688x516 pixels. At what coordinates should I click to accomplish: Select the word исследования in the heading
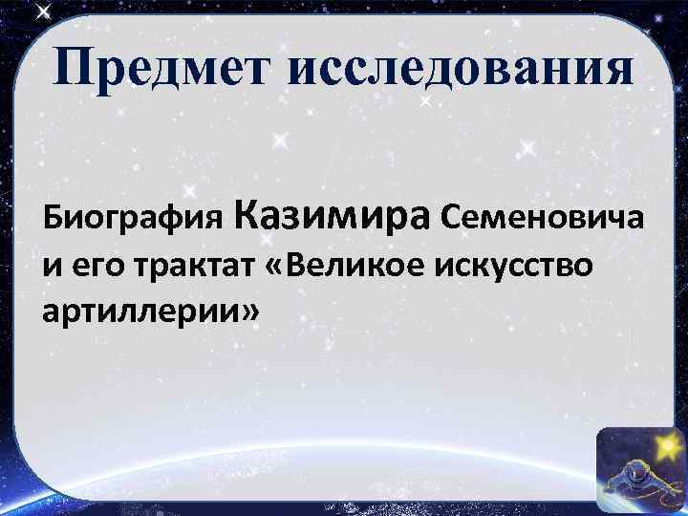[x=460, y=70]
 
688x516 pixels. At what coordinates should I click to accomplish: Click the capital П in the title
[x=74, y=70]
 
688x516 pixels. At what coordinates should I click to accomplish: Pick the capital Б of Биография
[x=52, y=219]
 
